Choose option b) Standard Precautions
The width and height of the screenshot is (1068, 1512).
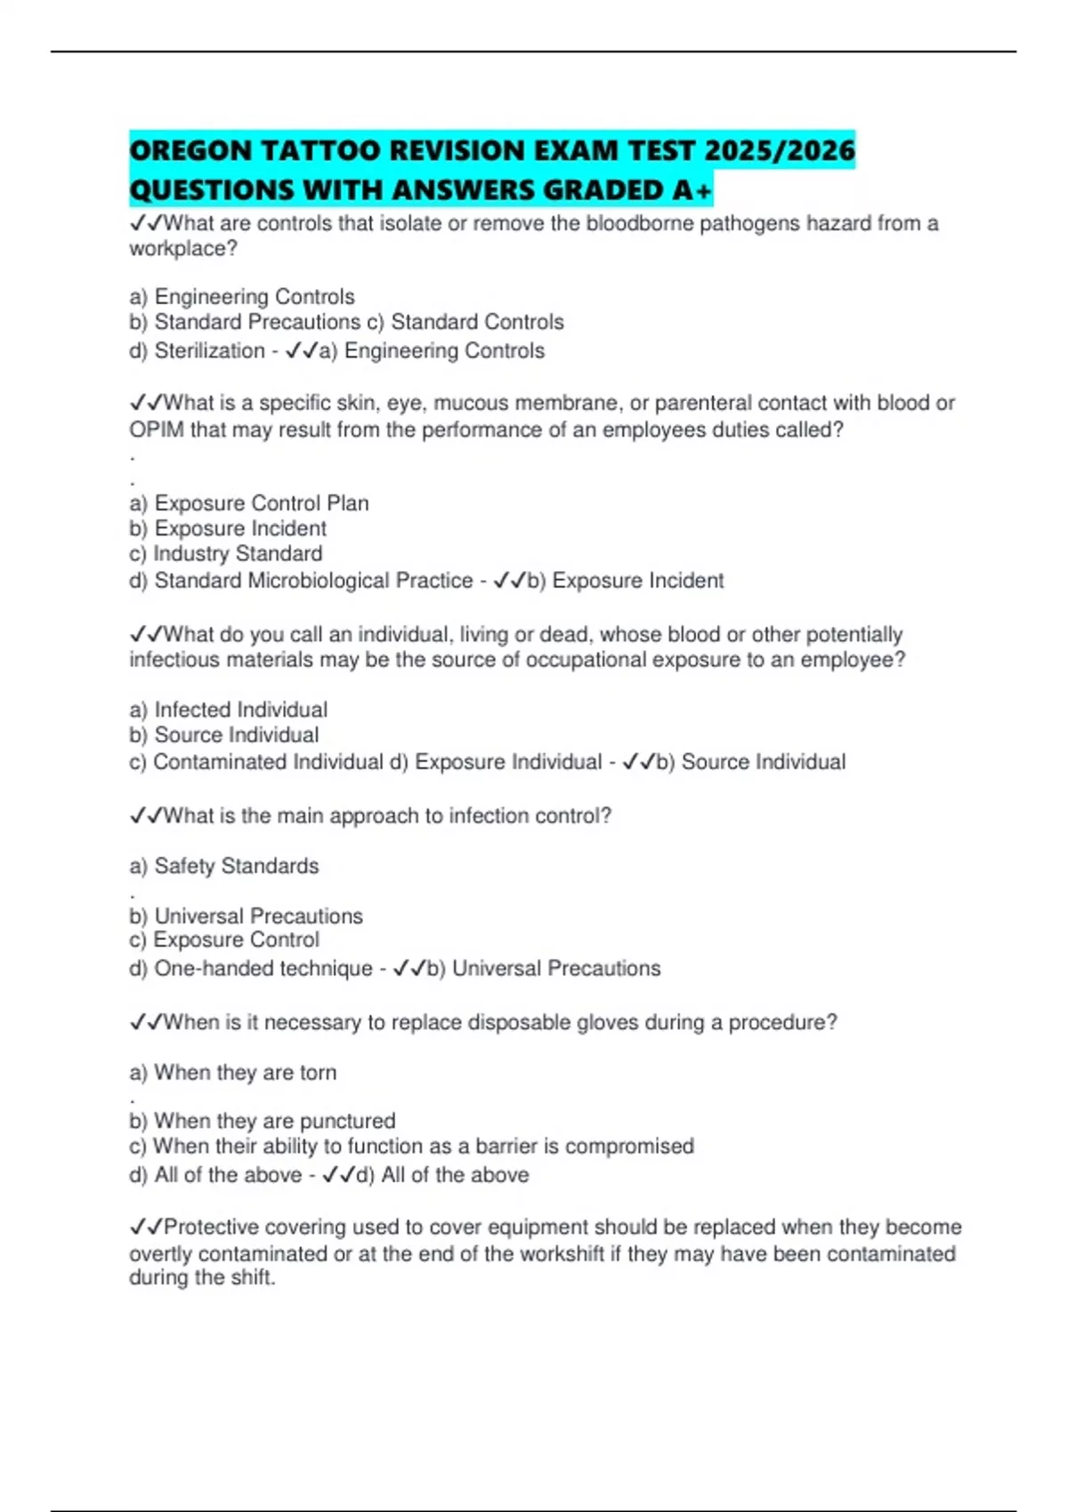coord(246,322)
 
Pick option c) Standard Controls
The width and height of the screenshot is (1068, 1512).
coord(465,322)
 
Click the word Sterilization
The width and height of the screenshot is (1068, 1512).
coord(209,351)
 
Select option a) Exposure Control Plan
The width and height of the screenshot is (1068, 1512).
coord(249,503)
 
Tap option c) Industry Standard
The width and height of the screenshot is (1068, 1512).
coord(226,554)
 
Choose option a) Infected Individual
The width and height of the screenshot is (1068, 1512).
coord(229,710)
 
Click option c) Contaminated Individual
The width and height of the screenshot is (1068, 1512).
coord(256,762)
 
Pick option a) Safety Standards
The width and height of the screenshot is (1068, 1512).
coord(224,866)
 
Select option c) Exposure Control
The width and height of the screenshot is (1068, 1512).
coord(224,940)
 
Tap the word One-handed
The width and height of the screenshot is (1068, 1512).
coord(207,969)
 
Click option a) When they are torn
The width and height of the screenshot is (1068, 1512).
coord(233,1073)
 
